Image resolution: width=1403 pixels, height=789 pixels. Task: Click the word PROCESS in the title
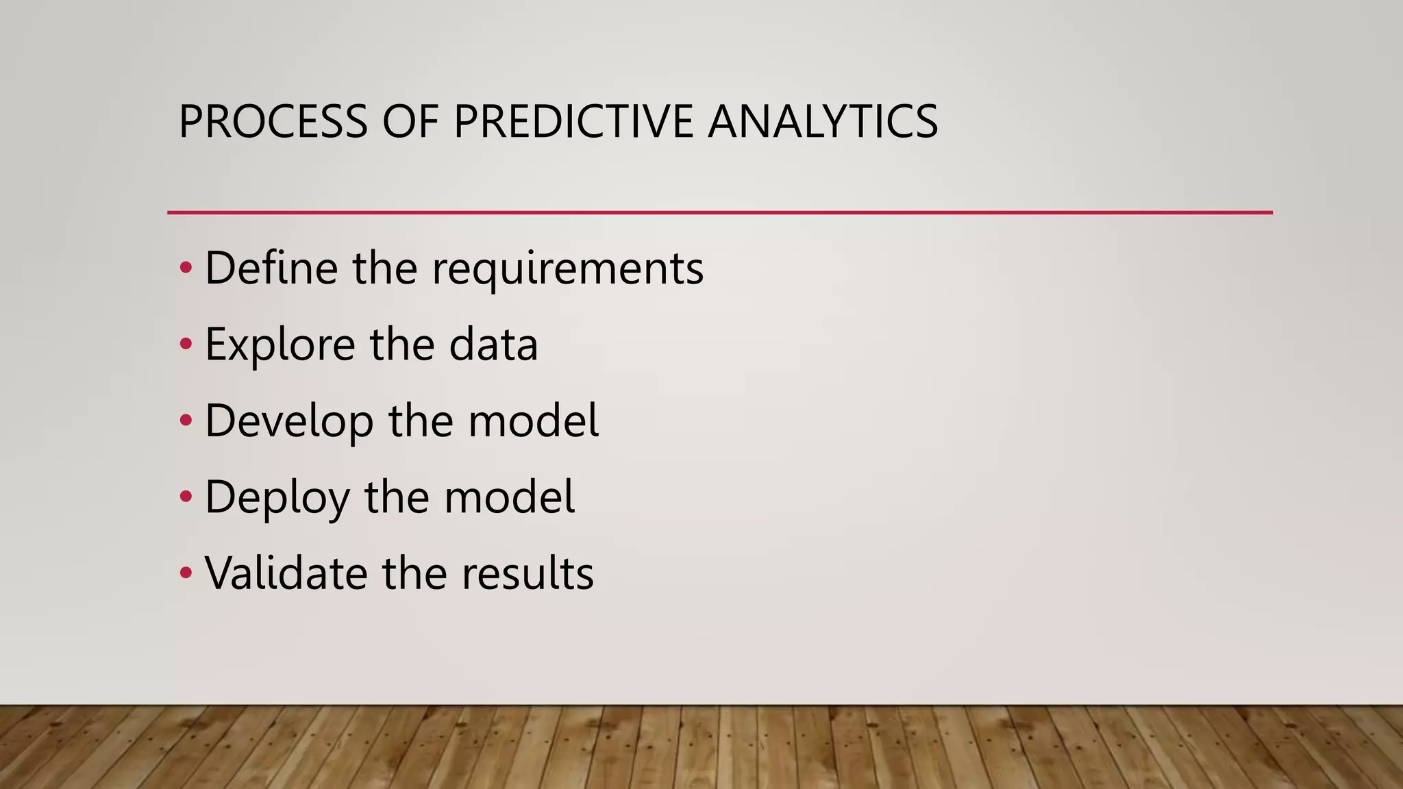tap(273, 122)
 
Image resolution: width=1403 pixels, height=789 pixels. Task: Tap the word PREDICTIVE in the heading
tap(573, 122)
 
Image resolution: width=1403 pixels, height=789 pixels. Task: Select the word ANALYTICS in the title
tap(822, 122)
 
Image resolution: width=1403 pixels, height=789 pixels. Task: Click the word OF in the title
tap(410, 122)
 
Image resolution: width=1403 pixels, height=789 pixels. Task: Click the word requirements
tap(567, 268)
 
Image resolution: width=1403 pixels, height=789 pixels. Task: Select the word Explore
tap(280, 345)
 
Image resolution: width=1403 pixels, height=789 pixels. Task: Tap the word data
tap(493, 344)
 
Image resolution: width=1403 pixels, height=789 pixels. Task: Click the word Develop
tap(288, 421)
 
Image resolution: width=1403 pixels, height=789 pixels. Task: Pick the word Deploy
tap(276, 498)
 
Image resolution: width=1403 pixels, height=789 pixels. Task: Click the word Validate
tap(285, 573)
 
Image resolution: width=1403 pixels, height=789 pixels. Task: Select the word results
tap(527, 573)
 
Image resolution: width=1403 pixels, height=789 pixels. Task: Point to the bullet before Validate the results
tap(186, 573)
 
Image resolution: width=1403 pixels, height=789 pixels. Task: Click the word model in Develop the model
tap(533, 421)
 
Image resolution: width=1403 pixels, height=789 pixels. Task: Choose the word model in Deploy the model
tap(509, 497)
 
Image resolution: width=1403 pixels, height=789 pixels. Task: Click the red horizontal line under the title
tap(719, 213)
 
